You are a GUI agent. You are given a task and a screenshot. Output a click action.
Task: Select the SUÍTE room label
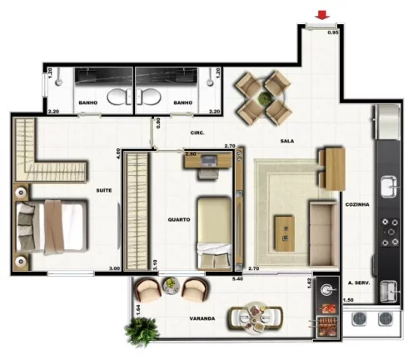pos(104,190)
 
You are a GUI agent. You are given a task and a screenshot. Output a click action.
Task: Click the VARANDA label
pos(202,317)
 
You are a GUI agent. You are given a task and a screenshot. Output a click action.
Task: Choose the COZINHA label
pos(356,203)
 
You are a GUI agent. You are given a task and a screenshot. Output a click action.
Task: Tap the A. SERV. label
pos(358,282)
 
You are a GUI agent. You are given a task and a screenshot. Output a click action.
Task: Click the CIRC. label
pos(197,132)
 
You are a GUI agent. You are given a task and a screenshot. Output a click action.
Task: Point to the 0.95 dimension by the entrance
pos(332,32)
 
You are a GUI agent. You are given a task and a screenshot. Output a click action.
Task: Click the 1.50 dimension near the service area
pos(349,299)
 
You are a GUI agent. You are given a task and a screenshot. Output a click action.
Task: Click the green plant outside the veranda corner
pos(142,332)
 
